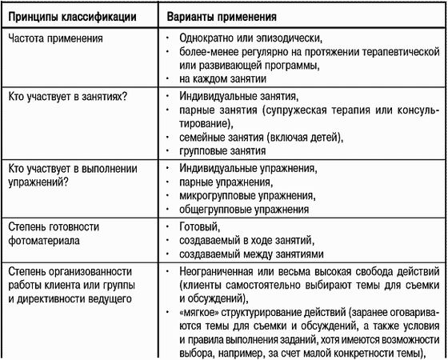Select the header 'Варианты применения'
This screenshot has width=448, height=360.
(x=226, y=15)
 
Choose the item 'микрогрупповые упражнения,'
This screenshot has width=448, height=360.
(x=245, y=195)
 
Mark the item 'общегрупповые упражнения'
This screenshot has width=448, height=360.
(x=243, y=209)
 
